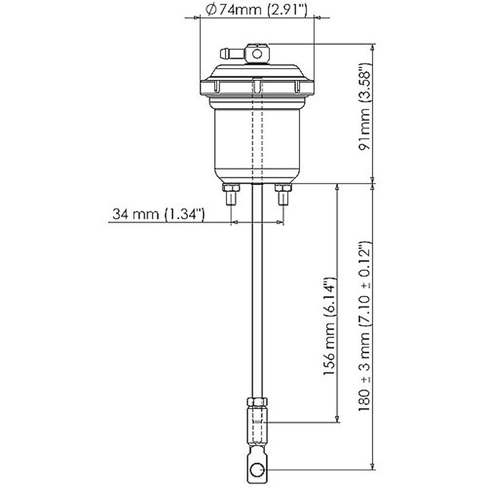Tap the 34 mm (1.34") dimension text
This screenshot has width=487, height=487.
pos(158,214)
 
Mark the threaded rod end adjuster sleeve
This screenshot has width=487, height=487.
pos(257,425)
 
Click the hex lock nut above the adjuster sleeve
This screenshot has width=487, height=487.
pos(257,402)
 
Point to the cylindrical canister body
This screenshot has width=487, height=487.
pos(257,143)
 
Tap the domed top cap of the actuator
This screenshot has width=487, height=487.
pos(257,71)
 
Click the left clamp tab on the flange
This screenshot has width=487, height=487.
pos(217,86)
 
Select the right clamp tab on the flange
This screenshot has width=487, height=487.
pos(297,86)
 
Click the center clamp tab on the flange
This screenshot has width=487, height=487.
pos(257,86)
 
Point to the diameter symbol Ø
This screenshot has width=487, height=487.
pos(210,10)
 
